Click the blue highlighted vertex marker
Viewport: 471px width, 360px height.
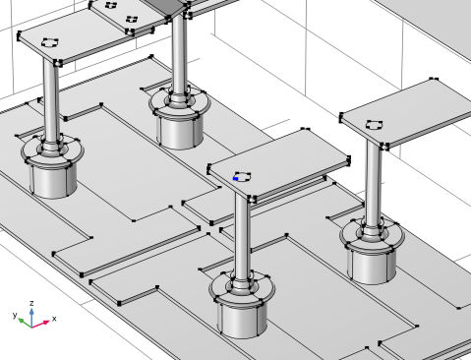pyautogui.click(x=235, y=179)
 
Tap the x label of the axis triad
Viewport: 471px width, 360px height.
pyautogui.click(x=54, y=319)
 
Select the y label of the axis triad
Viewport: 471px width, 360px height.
pyautogui.click(x=15, y=316)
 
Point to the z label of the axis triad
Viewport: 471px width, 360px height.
pyautogui.click(x=31, y=303)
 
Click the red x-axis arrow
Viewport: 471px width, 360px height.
pyautogui.click(x=41, y=324)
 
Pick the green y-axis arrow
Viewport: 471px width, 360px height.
pyautogui.click(x=25, y=323)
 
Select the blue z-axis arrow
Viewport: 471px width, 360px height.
pyautogui.click(x=31, y=317)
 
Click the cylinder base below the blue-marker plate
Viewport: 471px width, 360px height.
pyautogui.click(x=242, y=318)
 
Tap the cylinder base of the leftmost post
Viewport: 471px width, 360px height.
pyautogui.click(x=53, y=180)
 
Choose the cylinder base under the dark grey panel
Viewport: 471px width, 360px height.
pyautogui.click(x=179, y=131)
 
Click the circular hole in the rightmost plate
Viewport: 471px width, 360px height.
pyautogui.click(x=374, y=125)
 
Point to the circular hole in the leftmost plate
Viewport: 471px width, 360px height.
pyautogui.click(x=50, y=42)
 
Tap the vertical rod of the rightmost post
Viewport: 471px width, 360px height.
pyautogui.click(x=373, y=184)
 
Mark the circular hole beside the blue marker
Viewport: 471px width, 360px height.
pyautogui.click(x=243, y=176)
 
